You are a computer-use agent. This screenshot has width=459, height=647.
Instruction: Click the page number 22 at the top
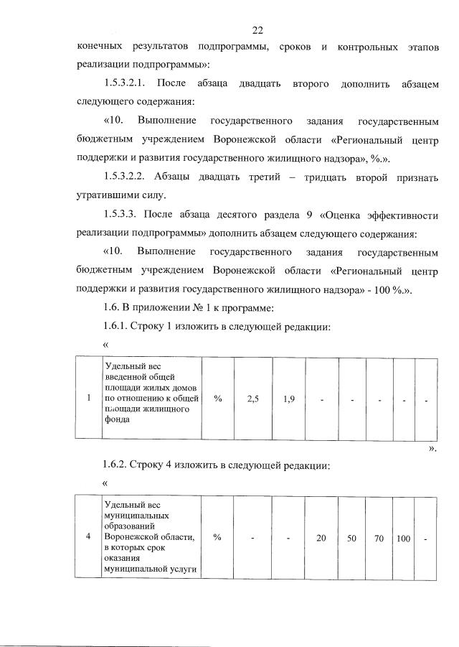tap(258, 30)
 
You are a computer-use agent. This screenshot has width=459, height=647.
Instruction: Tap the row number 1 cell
tap(88, 399)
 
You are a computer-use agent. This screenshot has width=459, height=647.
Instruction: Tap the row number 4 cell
tap(88, 536)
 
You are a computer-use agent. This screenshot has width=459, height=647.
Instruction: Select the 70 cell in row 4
tap(379, 536)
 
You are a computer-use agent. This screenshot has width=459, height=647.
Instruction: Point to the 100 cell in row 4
tap(402, 536)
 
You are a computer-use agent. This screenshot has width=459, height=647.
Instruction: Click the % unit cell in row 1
tap(217, 399)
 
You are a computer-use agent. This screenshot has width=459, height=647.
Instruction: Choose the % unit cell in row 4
tap(217, 536)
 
